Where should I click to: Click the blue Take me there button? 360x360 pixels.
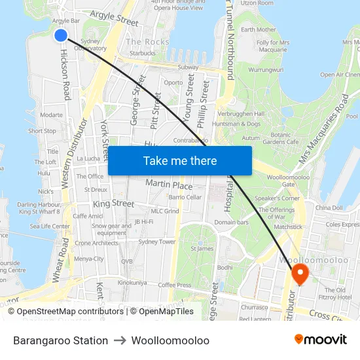click(180, 160)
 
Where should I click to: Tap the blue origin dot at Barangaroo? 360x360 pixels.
click(61, 35)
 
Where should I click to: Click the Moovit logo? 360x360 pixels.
click(320, 340)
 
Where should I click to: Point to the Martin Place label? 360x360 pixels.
click(169, 185)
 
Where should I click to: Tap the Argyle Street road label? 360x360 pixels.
click(114, 18)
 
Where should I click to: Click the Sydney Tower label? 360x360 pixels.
click(157, 242)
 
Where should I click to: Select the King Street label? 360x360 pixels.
click(113, 204)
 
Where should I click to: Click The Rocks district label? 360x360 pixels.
click(147, 42)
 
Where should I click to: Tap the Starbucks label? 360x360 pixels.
click(143, 53)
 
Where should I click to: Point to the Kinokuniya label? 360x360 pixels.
click(132, 282)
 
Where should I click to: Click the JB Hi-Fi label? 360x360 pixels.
click(143, 222)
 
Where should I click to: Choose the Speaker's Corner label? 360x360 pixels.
click(277, 198)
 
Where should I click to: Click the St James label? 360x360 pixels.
click(202, 249)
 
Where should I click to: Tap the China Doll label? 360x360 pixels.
click(329, 207)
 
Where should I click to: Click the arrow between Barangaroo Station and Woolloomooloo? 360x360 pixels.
click(120, 340)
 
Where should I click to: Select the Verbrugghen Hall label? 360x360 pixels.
click(260, 113)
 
